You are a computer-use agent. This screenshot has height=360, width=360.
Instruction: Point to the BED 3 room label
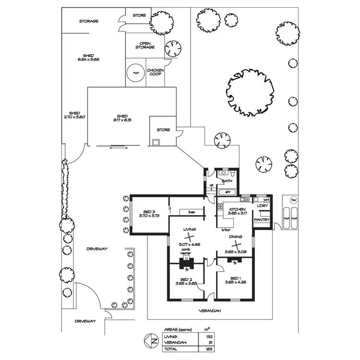149,212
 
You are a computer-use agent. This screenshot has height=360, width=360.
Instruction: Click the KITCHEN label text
238,210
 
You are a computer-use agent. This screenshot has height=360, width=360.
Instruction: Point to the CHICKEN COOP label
156,72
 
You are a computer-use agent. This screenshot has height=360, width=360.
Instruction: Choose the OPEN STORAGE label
147,45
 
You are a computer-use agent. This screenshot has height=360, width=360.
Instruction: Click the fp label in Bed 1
235,263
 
